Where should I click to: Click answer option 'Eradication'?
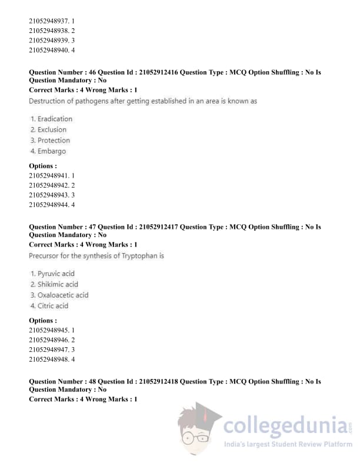55,119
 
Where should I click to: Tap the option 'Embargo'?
52,151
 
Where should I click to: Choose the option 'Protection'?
54,141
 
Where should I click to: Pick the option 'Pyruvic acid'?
56,274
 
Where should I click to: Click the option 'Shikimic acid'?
58,284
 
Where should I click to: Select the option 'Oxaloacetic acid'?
63,295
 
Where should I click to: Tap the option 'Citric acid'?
53,306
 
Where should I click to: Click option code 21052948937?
49,21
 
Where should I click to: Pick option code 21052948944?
49,205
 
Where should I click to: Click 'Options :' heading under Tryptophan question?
43,321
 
